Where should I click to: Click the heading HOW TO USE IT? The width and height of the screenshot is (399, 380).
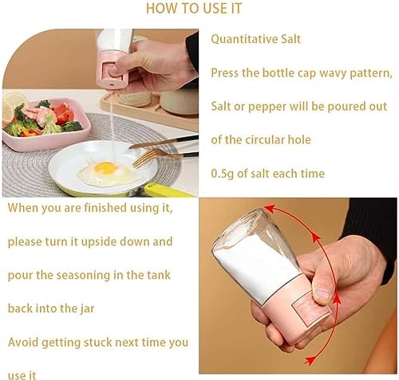[x=194, y=8]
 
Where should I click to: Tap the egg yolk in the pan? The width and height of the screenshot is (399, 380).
[x=106, y=168]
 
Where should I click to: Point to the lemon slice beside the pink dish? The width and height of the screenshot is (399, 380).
[x=14, y=102]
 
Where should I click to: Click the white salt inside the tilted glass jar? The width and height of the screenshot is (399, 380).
[x=254, y=265]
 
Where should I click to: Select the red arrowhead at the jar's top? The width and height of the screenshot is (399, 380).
[x=270, y=208]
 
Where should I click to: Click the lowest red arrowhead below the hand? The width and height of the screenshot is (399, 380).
[x=310, y=360]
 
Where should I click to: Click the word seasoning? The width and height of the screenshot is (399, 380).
[x=83, y=276]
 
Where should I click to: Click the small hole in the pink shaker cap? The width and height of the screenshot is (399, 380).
[x=112, y=84]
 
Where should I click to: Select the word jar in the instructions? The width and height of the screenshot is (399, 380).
[x=87, y=309]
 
